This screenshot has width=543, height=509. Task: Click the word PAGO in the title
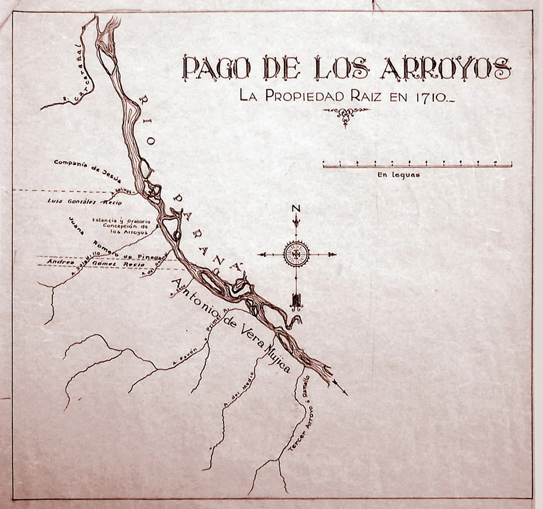pos(216,69)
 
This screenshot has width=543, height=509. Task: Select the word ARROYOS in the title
pos(445,69)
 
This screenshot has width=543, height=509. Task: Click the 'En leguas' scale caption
pos(398,175)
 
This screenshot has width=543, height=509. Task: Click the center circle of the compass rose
pos(296,254)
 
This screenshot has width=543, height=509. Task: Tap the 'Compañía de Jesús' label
pos(87,167)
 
